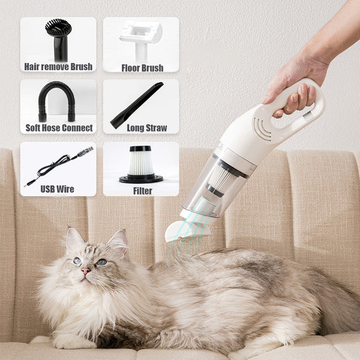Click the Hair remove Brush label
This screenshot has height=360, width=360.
[58, 67]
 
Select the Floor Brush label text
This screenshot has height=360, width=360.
[142, 67]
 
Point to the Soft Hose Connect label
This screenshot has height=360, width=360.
[58, 128]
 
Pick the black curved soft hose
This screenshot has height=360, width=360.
[57, 99]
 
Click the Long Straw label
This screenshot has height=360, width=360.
[142, 128]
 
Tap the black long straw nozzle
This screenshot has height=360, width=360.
[137, 105]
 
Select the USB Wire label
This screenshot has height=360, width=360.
[58, 189]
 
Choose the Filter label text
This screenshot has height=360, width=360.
[142, 191]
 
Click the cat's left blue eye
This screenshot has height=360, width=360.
[77, 261]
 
